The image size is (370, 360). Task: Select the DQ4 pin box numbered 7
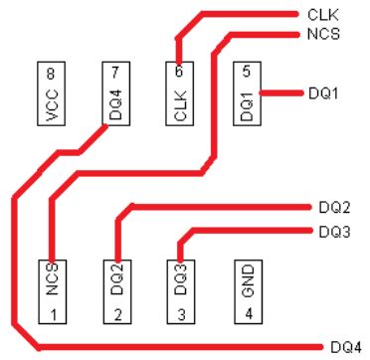tap(115, 94)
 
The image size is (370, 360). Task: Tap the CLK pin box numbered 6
tap(180, 94)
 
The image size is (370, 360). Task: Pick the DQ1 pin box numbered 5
tap(247, 94)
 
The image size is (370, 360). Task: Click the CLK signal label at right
tap(321, 15)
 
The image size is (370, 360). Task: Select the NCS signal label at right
tap(322, 34)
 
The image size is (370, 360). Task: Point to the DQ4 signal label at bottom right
tap(345, 348)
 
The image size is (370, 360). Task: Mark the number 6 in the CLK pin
tap(180, 73)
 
